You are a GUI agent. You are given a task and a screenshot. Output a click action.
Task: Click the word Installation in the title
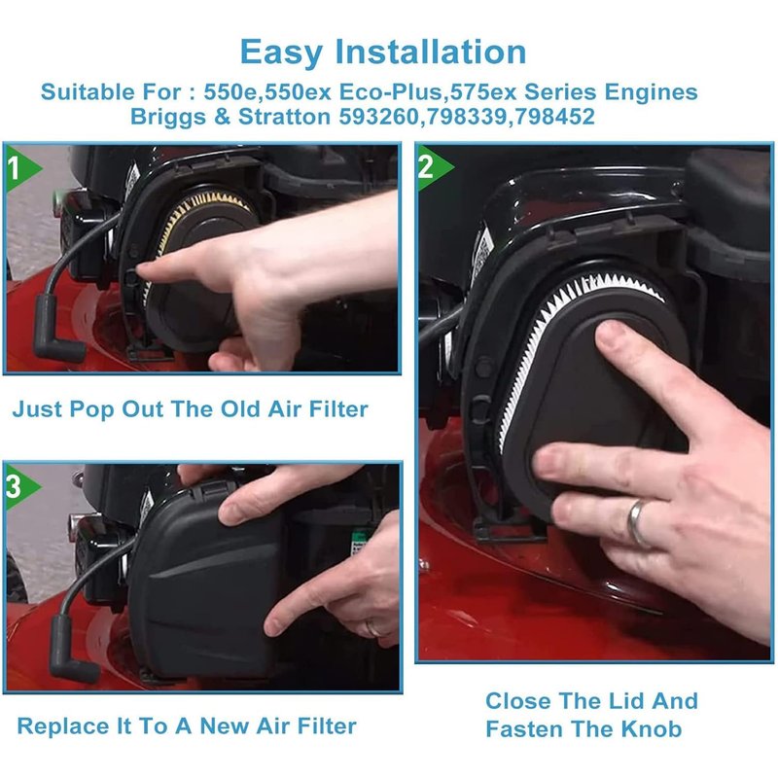(431, 52)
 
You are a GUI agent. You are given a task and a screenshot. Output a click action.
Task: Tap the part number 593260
(379, 117)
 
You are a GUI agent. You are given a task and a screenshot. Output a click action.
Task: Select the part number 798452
(554, 117)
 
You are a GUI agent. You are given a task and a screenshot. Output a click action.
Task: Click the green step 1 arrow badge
(21, 167)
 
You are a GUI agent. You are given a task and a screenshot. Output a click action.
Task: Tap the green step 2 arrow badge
(434, 166)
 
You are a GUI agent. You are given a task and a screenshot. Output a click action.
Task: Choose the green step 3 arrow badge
(21, 487)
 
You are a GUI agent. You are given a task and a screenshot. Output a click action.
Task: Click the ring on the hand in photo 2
(637, 524)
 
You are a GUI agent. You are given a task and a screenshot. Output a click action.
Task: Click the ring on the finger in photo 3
(372, 628)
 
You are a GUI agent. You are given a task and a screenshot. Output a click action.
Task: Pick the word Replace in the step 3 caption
(63, 726)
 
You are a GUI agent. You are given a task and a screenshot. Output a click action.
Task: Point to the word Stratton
(284, 117)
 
